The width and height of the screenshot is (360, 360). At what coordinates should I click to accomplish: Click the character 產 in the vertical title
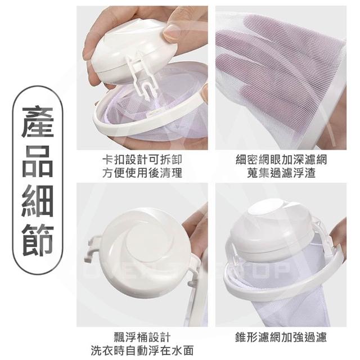(38, 122)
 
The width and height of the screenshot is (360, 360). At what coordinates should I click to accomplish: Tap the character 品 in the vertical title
(38, 162)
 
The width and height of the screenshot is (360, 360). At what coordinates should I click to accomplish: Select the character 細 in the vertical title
(38, 201)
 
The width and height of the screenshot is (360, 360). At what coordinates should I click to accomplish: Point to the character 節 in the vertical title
(38, 240)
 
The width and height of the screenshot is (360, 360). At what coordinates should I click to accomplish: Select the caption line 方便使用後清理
(142, 173)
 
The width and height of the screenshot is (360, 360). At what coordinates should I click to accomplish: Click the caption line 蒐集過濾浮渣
(281, 173)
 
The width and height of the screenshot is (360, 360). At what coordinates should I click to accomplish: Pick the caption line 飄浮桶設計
(142, 337)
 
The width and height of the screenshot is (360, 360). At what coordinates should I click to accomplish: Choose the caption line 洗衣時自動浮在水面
(142, 350)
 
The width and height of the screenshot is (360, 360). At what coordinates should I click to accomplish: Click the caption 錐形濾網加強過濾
(281, 337)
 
